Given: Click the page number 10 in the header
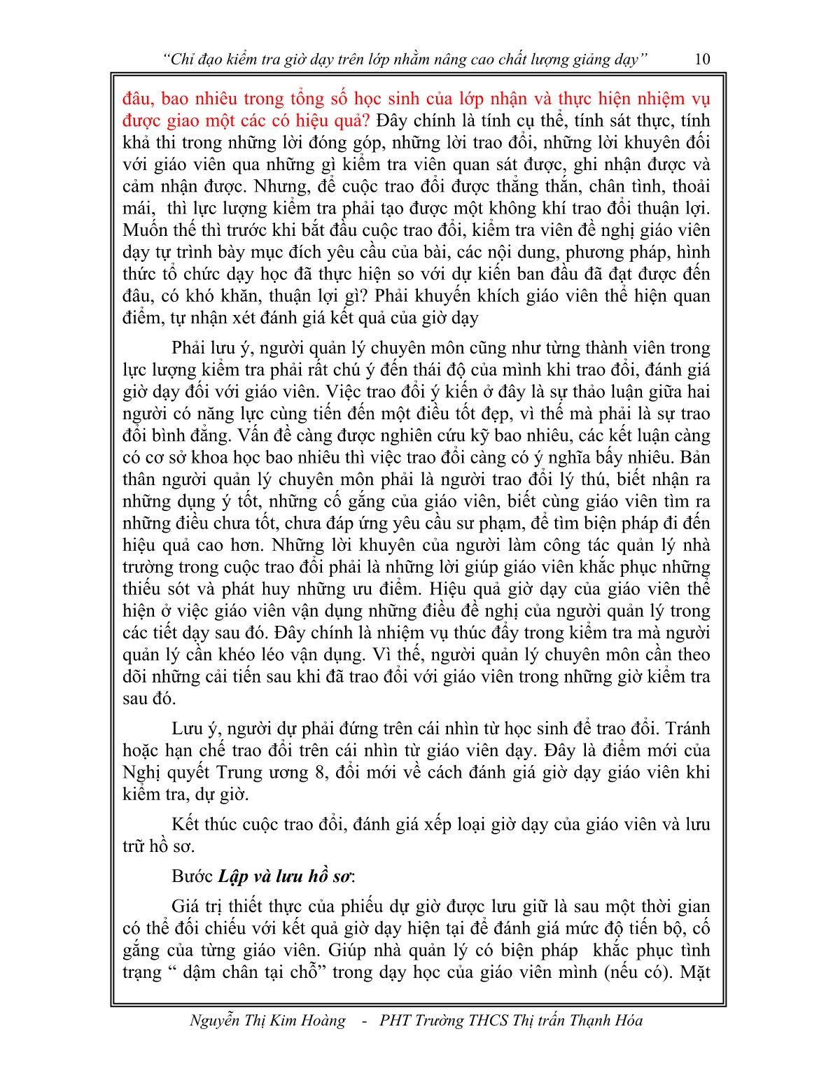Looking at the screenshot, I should click(x=701, y=59).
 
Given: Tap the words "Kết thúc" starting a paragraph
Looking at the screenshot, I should click(x=204, y=825).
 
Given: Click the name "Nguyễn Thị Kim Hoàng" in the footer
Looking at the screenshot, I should click(x=267, y=1021).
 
